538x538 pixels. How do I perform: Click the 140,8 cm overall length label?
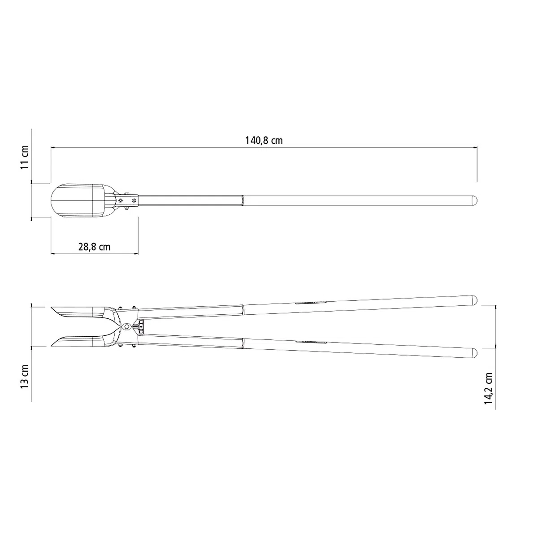[264, 140]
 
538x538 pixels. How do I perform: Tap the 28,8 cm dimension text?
[94, 247]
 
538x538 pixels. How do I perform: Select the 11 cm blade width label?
[25, 157]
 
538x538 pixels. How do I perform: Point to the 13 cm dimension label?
[25, 376]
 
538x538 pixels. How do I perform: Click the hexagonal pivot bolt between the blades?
[127, 326]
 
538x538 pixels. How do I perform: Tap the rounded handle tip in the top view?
[474, 200]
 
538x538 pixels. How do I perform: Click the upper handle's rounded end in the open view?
[474, 300]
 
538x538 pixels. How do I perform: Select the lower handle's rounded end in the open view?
[474, 353]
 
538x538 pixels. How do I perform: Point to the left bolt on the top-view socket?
[121, 200]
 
